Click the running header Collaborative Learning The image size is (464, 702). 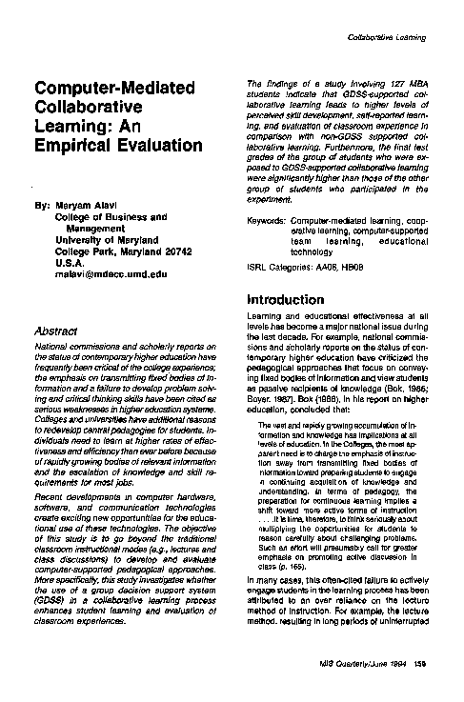tap(387, 37)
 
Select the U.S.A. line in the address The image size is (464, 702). tap(68, 261)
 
